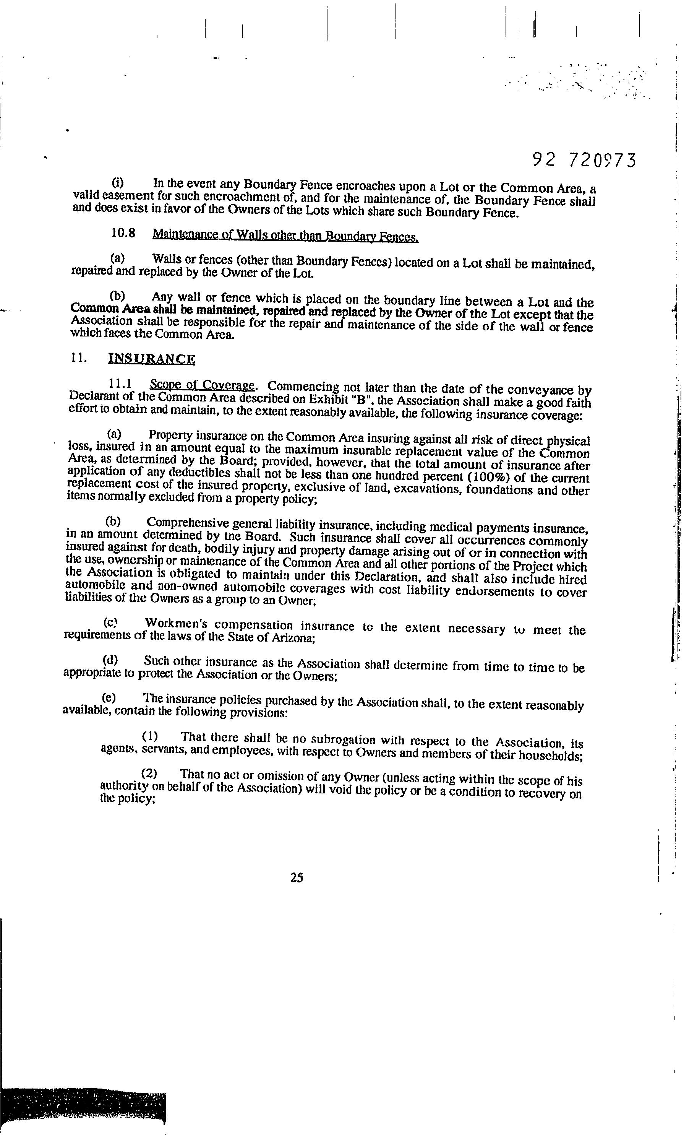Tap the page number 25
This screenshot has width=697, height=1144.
click(x=297, y=877)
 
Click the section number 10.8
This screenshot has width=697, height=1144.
click(x=123, y=233)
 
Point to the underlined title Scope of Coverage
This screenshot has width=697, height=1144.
click(x=202, y=385)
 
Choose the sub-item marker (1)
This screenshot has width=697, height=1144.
click(x=150, y=736)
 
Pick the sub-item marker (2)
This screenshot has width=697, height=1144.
click(x=149, y=773)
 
